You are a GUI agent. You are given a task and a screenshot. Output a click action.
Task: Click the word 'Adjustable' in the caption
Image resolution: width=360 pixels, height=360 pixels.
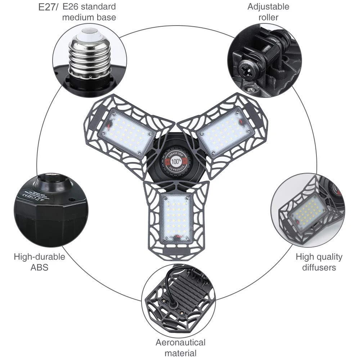coord(268,6)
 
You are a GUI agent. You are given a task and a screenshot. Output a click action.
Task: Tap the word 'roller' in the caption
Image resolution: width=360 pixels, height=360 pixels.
coord(268,17)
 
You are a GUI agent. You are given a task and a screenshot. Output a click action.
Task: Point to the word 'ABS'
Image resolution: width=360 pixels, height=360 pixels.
coord(40,267)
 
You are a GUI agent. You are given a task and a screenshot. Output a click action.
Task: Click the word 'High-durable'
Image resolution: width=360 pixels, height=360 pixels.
coord(40,257)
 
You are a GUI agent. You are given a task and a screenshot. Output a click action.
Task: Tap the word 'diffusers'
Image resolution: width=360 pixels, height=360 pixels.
coord(319,267)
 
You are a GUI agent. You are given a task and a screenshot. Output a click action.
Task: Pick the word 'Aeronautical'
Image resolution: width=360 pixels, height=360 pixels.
coord(180,342)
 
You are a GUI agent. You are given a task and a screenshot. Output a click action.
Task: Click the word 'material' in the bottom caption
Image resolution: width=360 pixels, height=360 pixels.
coord(180,353)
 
